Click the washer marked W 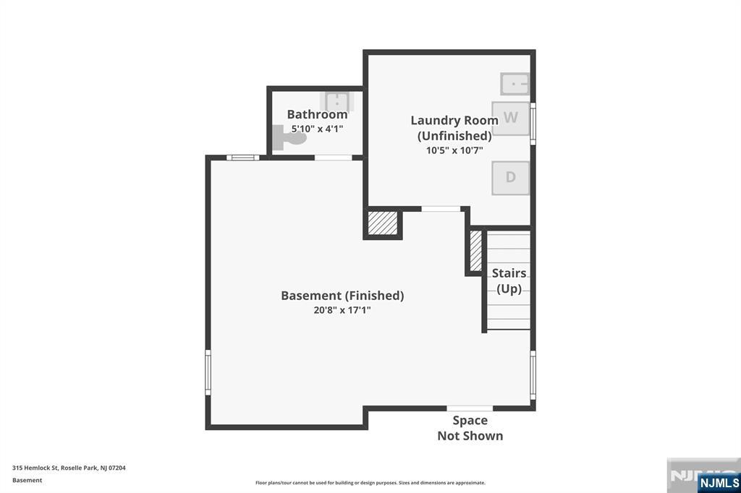tap(511, 118)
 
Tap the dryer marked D tap(511, 178)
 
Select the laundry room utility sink tap(515, 84)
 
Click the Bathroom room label tap(317, 114)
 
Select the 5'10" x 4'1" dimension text tap(317, 129)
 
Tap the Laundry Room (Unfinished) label tap(454, 128)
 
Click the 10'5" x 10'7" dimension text tap(454, 150)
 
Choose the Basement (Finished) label tap(342, 295)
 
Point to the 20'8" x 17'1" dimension tap(342, 310)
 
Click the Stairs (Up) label tap(509, 280)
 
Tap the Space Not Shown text tap(470, 428)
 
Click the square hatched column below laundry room tap(383, 223)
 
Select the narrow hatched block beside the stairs tap(475, 252)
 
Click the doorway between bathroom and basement tap(333, 157)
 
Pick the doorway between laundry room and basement tap(441, 209)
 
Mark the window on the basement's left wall tap(208, 372)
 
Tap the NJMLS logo tap(719, 482)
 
